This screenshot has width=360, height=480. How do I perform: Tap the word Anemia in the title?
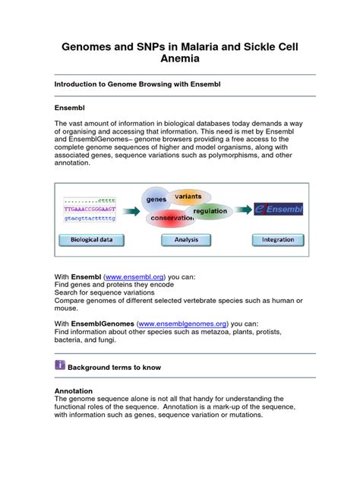click(x=180, y=62)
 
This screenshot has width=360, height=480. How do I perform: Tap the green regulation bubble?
click(x=210, y=210)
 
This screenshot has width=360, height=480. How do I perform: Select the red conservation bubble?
click(x=172, y=218)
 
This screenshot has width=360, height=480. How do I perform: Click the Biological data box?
click(x=91, y=239)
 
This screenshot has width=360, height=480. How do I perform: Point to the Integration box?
click(x=278, y=239)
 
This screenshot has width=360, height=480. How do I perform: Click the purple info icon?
click(x=60, y=365)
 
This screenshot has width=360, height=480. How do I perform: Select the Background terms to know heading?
click(x=114, y=367)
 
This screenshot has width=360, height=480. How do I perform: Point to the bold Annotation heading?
click(x=74, y=390)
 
